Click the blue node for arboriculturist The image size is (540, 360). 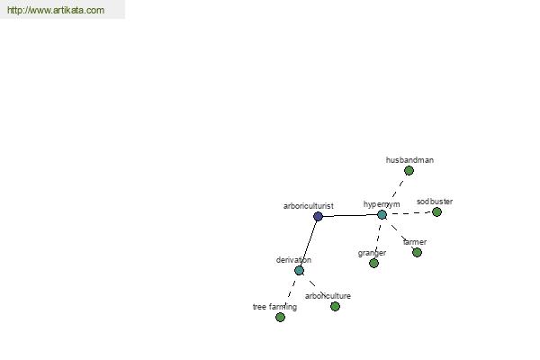tap(319, 216)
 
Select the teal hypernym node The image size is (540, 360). tap(382, 214)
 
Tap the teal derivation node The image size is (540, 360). tap(300, 270)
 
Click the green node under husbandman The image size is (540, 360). tap(409, 170)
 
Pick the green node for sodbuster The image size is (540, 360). tap(436, 211)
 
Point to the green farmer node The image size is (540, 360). tap(417, 253)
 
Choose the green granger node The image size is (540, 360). tap(374, 263)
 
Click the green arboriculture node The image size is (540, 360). tap(335, 306)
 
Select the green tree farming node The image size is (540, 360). tap(280, 317)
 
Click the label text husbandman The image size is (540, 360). tap(409, 160)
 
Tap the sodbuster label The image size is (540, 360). tap(435, 202)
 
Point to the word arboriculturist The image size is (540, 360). tap(308, 206)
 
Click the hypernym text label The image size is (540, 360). tap(382, 204)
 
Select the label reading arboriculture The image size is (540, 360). tap(328, 296)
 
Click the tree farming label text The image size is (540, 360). tap(274, 307)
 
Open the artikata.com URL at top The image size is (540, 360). tap(56, 10)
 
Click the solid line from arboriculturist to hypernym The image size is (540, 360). tap(350, 216)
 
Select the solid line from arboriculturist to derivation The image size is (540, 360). tap(309, 243)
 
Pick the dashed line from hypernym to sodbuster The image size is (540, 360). tap(409, 213)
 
